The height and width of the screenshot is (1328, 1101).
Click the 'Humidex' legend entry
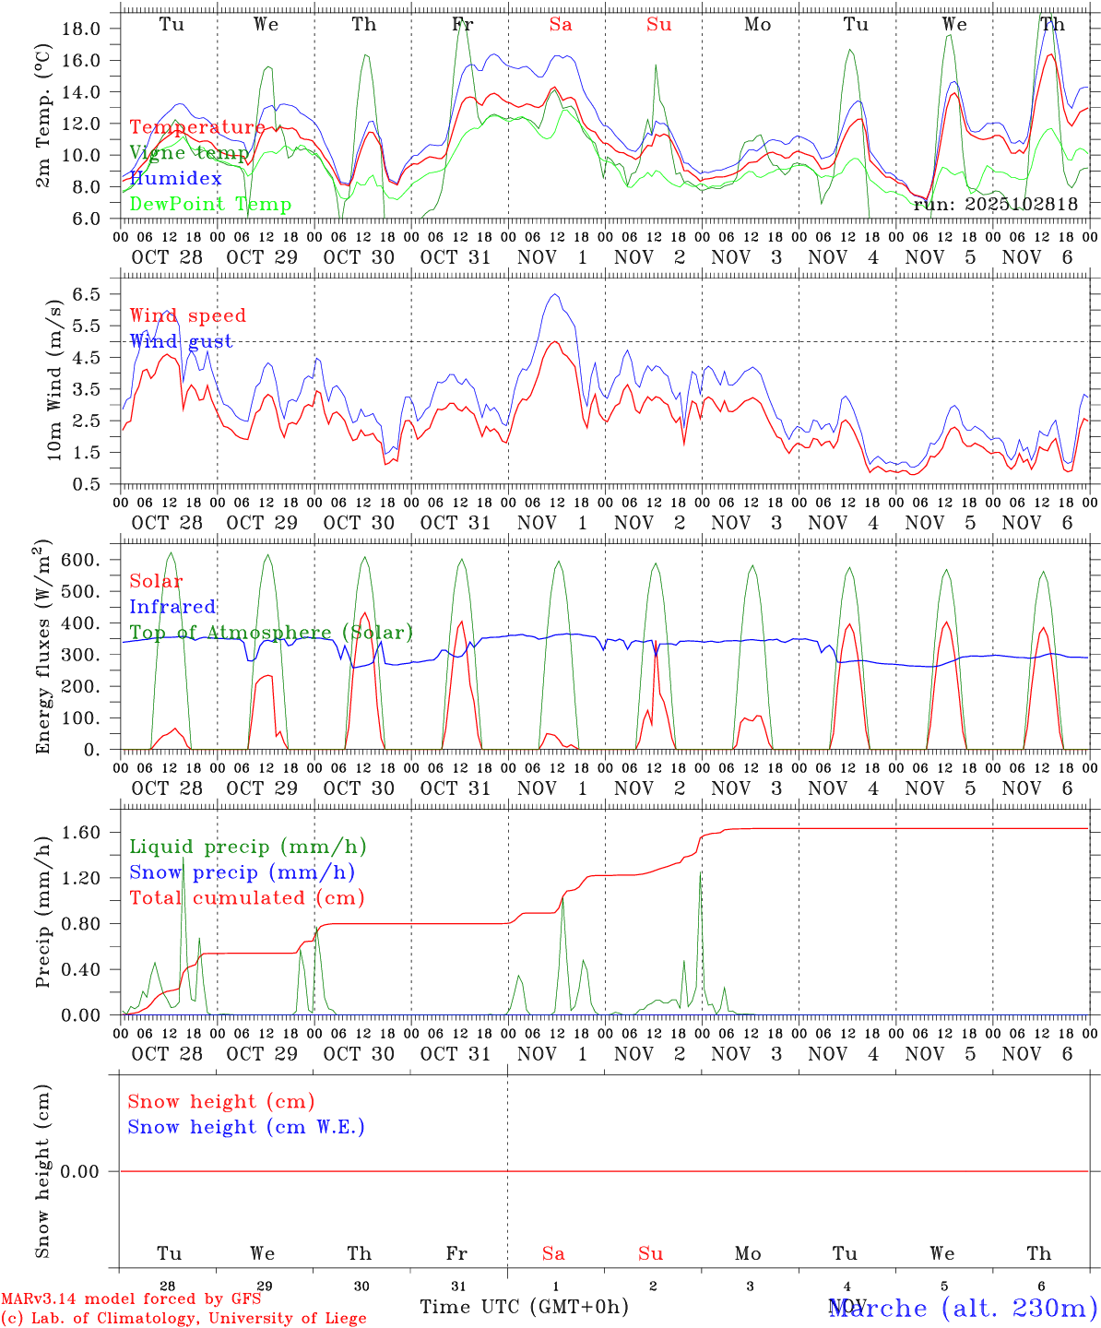coord(175,179)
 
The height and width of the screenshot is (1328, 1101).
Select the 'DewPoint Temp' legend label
coord(210,205)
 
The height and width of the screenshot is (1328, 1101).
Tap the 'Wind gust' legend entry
coord(181,341)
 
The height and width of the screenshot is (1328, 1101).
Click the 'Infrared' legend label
coord(172,607)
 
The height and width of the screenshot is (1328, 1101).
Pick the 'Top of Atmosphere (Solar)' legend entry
coord(271,633)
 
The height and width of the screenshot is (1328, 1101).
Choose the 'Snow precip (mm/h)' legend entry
coord(242,872)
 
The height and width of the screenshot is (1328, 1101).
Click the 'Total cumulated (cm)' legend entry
coord(247,898)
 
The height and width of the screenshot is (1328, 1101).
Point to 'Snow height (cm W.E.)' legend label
coord(246,1127)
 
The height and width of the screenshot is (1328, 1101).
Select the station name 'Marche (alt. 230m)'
coord(962,1308)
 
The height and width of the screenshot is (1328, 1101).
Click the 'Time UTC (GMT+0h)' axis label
coord(524,1307)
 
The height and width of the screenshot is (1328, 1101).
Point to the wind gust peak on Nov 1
coord(554,294)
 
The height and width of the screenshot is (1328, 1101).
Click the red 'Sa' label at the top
coord(561,25)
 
